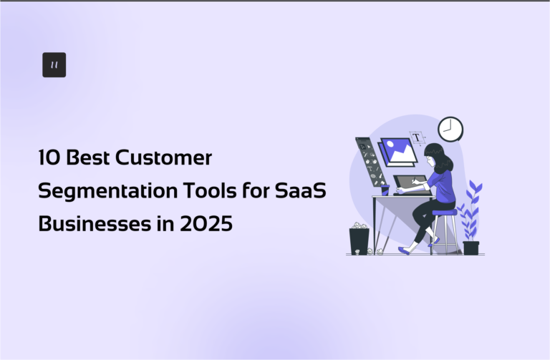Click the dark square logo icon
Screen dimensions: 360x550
(x=54, y=64)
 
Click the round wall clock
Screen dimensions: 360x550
(x=450, y=129)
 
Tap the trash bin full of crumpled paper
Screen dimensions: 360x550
(x=359, y=239)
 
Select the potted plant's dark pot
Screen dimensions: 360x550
(x=471, y=248)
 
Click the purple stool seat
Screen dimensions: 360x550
(x=444, y=213)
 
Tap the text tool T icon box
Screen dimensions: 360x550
(x=416, y=137)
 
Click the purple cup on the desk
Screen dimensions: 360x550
(x=385, y=190)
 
